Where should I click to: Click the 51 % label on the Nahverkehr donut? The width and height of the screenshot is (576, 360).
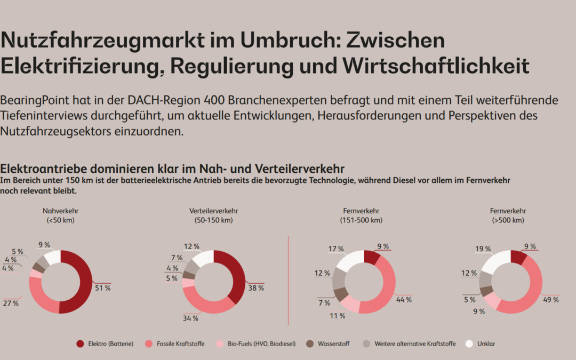coord(103,288)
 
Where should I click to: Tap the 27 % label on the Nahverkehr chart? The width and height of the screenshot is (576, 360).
coord(11,303)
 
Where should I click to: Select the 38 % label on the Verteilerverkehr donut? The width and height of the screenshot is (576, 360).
coord(257,287)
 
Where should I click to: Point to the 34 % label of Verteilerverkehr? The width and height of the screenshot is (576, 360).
coord(191,318)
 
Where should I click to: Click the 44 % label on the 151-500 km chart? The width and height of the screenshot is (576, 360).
coord(404,300)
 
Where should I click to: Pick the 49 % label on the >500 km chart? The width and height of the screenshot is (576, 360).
coord(551,300)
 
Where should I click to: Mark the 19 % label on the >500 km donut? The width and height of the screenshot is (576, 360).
coord(483,249)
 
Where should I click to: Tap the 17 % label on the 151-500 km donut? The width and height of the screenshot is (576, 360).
coord(336,249)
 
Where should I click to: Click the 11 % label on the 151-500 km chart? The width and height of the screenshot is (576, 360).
coord(337,316)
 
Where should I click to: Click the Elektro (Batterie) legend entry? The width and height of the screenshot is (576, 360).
coord(105,344)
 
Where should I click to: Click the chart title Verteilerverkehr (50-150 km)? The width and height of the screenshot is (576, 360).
coord(214,215)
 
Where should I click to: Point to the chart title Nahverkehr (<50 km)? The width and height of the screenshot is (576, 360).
coord(61,215)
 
